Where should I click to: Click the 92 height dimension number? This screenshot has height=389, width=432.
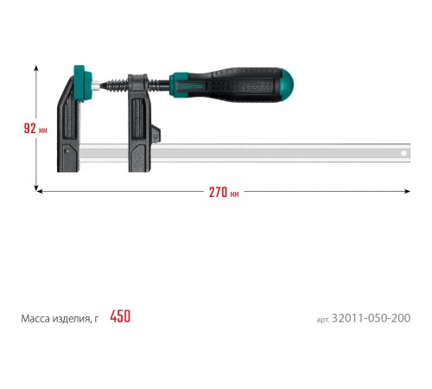pyautogui.click(x=30, y=128)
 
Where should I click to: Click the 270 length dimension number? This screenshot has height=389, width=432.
pyautogui.click(x=218, y=193)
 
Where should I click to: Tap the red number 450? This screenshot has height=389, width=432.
pyautogui.click(x=120, y=316)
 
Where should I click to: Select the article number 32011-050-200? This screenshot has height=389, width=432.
pyautogui.click(x=371, y=318)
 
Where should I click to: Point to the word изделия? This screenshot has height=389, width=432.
pyautogui.click(x=72, y=319)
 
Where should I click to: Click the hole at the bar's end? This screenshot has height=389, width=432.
pyautogui.click(x=403, y=153)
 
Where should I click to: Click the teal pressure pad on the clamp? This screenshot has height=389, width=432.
pyautogui.click(x=82, y=83)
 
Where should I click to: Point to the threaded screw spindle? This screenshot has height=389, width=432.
pyautogui.click(x=115, y=85)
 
